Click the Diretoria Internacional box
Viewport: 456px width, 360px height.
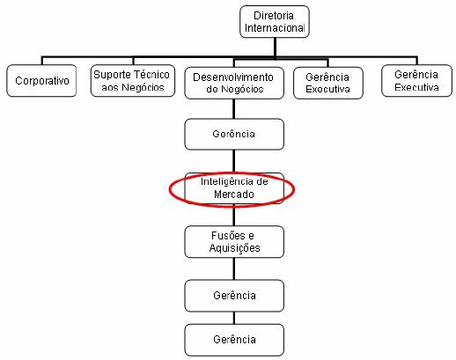tap(275, 22)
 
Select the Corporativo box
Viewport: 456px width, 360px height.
tap(41, 81)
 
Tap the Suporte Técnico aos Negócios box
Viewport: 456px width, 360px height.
tap(133, 81)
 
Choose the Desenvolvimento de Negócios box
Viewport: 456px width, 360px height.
tap(234, 83)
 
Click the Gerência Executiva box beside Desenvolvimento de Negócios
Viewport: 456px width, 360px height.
tap(328, 83)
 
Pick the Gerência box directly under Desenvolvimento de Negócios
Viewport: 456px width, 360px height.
tap(234, 134)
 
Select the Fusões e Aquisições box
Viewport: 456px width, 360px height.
tap(234, 242)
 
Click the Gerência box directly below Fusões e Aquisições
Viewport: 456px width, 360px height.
tap(234, 296)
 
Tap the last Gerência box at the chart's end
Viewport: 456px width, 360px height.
tap(234, 340)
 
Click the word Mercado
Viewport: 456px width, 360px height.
tap(234, 195)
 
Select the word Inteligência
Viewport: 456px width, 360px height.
tap(224, 181)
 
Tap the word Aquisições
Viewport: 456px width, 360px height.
tap(234, 248)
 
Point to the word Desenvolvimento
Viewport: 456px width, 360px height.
tap(233, 77)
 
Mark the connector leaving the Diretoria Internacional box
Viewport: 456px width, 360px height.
tap(275, 48)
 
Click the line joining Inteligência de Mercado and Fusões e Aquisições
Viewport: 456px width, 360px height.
tap(234, 217)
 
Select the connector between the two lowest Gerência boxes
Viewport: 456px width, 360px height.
tap(234, 318)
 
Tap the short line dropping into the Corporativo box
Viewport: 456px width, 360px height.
tap(42, 61)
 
